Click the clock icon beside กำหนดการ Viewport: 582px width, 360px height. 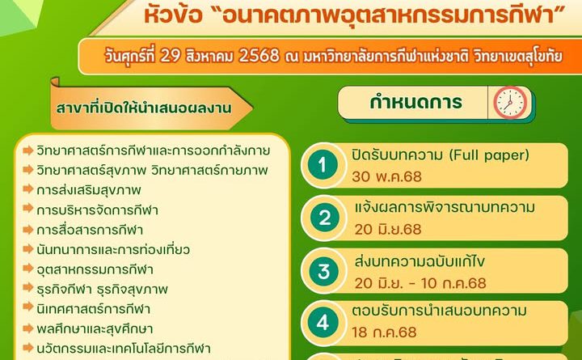[x=510, y=103]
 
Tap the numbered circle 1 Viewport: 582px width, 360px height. [x=323, y=165]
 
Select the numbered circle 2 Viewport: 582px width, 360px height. [x=323, y=218]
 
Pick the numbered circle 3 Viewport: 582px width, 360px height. [x=323, y=271]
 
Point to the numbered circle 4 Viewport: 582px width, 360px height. [x=323, y=323]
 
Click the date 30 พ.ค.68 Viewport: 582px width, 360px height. [x=386, y=176]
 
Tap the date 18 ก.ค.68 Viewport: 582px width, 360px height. [x=384, y=332]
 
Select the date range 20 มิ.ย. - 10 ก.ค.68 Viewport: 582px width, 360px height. [x=420, y=283]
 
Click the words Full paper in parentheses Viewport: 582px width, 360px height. [x=489, y=155]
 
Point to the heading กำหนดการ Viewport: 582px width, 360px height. [x=415, y=102]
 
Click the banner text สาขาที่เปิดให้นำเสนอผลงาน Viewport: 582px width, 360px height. [x=144, y=108]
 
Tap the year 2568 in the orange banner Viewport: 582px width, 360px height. [x=259, y=56]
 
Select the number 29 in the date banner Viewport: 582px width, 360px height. [x=170, y=56]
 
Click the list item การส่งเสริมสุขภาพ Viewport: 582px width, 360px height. [x=89, y=190]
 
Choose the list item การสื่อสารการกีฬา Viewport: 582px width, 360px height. [x=90, y=230]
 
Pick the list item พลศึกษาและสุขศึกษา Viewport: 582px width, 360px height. [x=95, y=328]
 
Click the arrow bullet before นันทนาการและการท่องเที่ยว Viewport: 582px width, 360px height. [x=28, y=248]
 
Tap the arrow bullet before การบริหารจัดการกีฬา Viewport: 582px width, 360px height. [x=28, y=209]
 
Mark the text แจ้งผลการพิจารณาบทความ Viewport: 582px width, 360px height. [x=445, y=208]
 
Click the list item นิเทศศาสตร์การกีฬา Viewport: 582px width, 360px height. [x=93, y=309]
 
